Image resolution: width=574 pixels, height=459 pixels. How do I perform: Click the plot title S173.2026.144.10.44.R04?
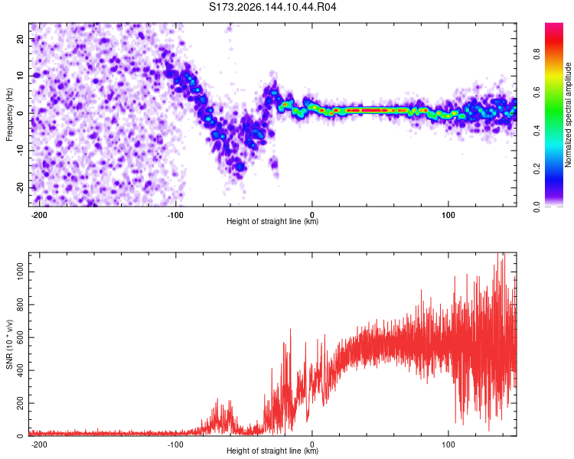tap(272, 7)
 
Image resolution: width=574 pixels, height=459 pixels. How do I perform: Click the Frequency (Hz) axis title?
tap(9, 115)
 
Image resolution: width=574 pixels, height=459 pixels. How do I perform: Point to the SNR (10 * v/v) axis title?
tap(9, 344)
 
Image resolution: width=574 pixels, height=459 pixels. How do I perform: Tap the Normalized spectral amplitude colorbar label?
tap(568, 115)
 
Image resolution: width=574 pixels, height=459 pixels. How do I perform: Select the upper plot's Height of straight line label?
tap(272, 221)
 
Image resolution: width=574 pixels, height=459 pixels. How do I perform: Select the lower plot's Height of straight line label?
tap(272, 451)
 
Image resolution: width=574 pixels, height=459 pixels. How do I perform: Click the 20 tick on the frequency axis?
tap(21, 39)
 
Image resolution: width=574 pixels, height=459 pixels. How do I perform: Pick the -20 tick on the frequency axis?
tap(21, 187)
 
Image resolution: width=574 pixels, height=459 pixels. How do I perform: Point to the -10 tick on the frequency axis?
tap(21, 151)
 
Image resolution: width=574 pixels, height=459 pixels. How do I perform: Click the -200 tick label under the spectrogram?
tap(39, 215)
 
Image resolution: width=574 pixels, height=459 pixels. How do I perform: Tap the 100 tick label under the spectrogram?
tap(448, 215)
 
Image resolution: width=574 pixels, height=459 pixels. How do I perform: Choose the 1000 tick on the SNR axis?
tap(21, 272)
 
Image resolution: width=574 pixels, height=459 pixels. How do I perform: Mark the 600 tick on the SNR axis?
tap(21, 338)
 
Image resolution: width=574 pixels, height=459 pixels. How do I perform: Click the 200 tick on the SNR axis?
tap(21, 403)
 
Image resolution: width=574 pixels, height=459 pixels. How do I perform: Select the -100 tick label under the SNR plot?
tap(175, 444)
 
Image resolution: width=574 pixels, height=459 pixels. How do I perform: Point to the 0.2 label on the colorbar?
tap(537, 169)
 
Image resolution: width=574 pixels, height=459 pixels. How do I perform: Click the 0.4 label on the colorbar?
tap(537, 130)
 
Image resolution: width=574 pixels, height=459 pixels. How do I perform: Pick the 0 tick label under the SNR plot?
tap(312, 444)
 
